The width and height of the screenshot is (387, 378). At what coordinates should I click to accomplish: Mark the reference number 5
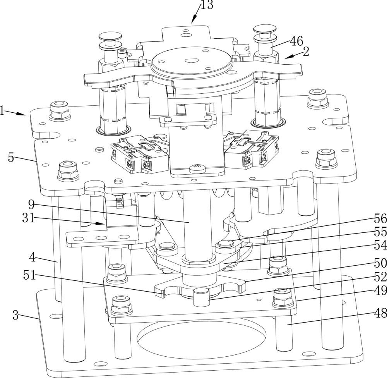click(x=11, y=158)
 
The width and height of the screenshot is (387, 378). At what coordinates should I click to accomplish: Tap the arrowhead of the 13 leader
click(x=192, y=22)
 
